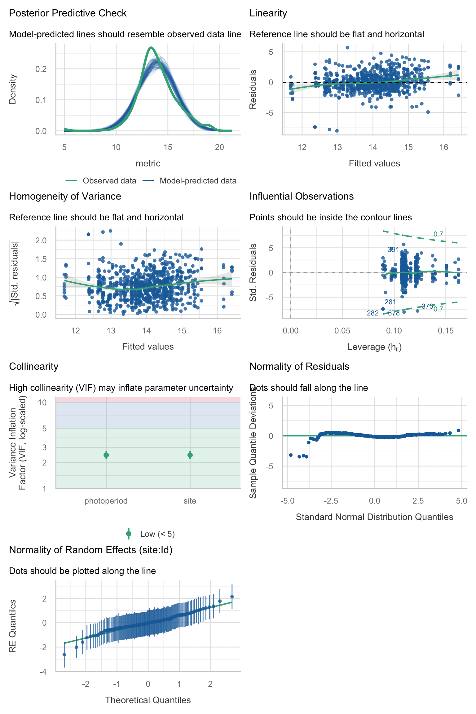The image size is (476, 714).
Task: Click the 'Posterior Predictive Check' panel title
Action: (68, 13)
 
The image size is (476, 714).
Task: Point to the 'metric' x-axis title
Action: (148, 163)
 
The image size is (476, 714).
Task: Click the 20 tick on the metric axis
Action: (219, 147)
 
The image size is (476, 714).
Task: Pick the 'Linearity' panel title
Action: (268, 13)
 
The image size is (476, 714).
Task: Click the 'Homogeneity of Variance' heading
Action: (65, 196)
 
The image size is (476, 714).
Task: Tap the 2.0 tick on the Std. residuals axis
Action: (41, 240)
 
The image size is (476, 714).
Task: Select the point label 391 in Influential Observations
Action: (393, 249)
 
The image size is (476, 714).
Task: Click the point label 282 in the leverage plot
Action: (372, 313)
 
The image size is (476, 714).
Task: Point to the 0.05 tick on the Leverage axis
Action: (342, 331)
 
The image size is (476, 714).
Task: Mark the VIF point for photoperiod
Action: (106, 455)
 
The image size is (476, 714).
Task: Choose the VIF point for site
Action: (190, 455)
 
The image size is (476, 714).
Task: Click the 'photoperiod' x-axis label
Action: (106, 501)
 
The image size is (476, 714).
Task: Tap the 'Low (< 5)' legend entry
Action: (157, 534)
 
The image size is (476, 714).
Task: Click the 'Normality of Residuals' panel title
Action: (299, 367)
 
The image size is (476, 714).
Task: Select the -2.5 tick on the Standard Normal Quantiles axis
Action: (331, 501)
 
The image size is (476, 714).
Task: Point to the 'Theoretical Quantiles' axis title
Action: (148, 700)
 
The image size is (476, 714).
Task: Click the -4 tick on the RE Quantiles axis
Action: (43, 672)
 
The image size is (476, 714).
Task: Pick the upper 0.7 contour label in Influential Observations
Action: (438, 234)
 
